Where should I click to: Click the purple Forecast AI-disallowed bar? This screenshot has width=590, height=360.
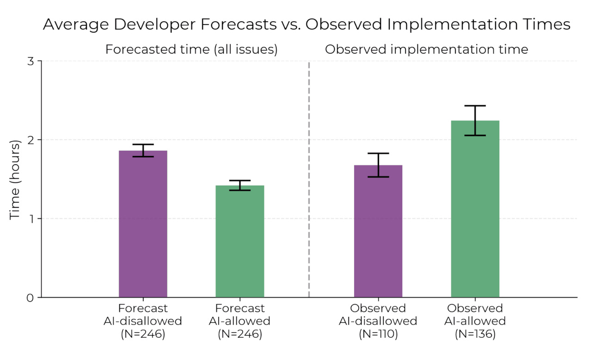coord(143,224)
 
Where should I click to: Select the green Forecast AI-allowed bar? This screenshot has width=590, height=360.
coord(240,241)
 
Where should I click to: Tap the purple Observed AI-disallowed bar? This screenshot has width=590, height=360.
coord(378,231)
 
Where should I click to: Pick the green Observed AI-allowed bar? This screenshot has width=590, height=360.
coord(475,209)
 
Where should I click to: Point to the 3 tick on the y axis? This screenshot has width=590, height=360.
coord(31,61)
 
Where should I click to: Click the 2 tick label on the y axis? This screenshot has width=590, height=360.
coord(31,140)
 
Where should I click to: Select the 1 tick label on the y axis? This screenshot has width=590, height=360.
coord(31,218)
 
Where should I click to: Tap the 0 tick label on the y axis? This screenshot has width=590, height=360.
coord(31,298)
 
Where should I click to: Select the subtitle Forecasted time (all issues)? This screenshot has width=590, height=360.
coord(191,50)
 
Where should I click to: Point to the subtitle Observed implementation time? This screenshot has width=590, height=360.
coord(426,50)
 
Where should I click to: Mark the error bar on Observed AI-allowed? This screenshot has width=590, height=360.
coord(475,120)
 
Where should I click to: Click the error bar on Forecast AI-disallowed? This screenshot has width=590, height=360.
coord(143,150)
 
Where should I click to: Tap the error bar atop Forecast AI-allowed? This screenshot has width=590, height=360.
coord(240,185)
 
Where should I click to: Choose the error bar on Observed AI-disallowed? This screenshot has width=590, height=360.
coord(378,165)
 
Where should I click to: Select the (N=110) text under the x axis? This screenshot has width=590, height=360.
coord(378,334)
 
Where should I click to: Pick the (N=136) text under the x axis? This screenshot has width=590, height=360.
coord(475,334)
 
